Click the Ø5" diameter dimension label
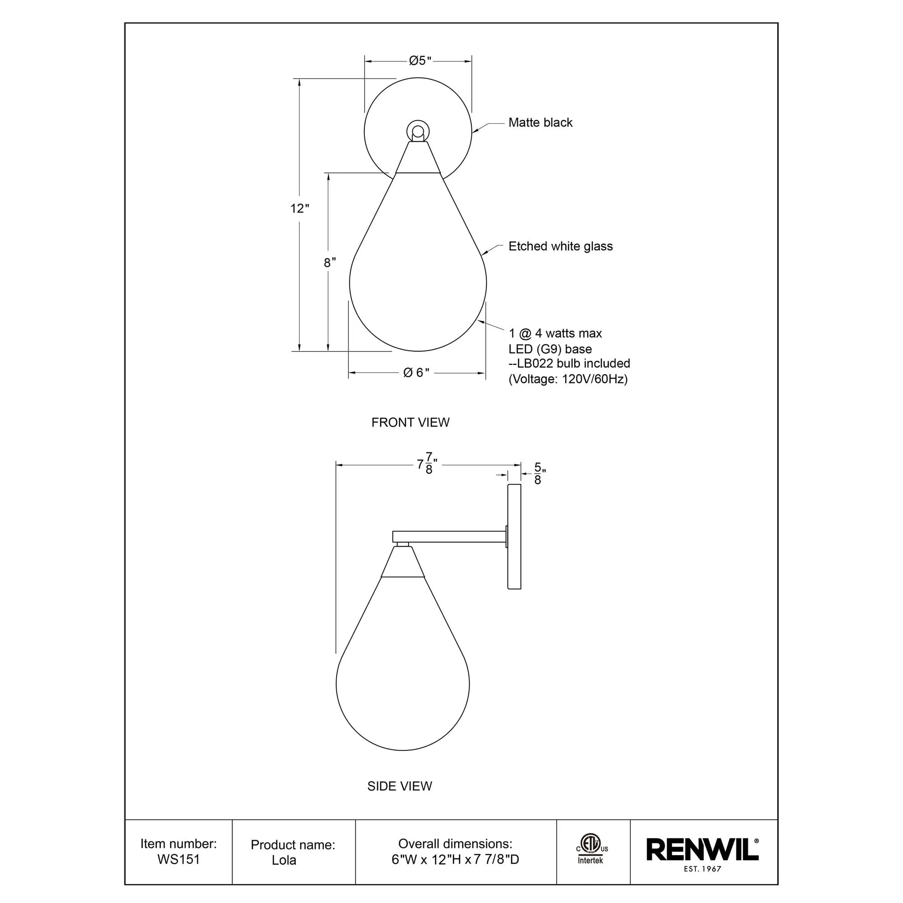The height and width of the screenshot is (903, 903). pyautogui.click(x=419, y=61)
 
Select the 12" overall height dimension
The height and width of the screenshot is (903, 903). pyautogui.click(x=300, y=209)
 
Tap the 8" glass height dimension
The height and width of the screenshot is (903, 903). pyautogui.click(x=330, y=263)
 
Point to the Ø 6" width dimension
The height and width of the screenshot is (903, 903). pyautogui.click(x=416, y=372)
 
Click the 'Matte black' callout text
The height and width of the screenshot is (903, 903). pyautogui.click(x=540, y=122)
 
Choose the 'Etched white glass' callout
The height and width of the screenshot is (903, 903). pyautogui.click(x=560, y=247)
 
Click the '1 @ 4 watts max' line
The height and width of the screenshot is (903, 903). pyautogui.click(x=555, y=333)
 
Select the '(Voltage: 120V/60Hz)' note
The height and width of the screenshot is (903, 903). pyautogui.click(x=568, y=379)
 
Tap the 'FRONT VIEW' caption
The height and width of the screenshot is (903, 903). pyautogui.click(x=410, y=423)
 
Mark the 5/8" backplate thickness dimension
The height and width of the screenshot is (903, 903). pyautogui.click(x=538, y=474)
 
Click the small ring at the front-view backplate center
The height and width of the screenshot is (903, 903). pyautogui.click(x=417, y=130)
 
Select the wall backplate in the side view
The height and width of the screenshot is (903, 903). pyautogui.click(x=514, y=536)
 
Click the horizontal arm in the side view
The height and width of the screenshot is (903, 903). pyautogui.click(x=449, y=536)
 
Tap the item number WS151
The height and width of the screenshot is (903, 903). pyautogui.click(x=178, y=860)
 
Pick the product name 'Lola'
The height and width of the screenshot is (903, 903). pyautogui.click(x=284, y=860)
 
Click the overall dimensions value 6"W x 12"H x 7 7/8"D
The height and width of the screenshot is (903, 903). pyautogui.click(x=455, y=860)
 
